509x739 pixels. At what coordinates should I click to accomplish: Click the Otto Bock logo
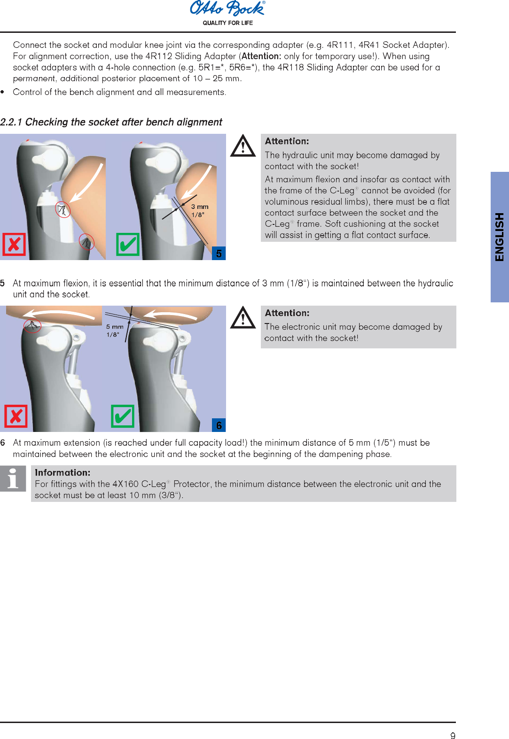click(227, 8)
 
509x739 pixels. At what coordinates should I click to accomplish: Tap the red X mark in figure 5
click(14, 244)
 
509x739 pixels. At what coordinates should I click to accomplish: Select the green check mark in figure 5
click(128, 244)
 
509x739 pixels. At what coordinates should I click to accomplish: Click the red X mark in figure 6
click(16, 416)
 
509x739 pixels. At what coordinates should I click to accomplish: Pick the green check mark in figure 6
click(123, 416)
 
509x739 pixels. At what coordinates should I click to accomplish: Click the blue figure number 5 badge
click(219, 254)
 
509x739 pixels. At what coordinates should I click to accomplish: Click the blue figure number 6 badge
click(219, 425)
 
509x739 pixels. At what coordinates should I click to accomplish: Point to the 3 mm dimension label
click(199, 207)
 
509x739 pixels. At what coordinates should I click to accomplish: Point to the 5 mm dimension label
click(115, 327)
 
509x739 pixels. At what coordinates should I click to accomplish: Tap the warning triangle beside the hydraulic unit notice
click(243, 146)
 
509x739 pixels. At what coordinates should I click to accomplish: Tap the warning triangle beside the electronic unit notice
click(243, 318)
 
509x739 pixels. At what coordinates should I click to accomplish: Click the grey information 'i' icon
click(13, 478)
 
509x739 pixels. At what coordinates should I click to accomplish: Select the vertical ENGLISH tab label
click(499, 237)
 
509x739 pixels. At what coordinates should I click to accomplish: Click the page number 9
click(453, 736)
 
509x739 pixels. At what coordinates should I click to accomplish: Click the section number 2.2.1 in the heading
click(11, 122)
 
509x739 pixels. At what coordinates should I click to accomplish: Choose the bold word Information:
click(63, 473)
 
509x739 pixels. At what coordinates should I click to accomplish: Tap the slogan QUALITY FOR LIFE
click(227, 23)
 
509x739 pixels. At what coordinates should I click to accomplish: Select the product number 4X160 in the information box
click(125, 484)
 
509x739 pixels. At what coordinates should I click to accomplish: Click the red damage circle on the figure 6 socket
click(32, 325)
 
